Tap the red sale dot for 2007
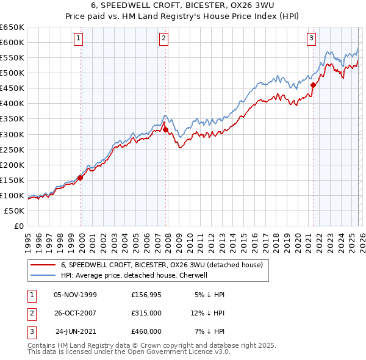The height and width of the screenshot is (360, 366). (165, 129)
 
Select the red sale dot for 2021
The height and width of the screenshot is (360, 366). (313, 85)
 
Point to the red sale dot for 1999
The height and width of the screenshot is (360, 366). (80, 178)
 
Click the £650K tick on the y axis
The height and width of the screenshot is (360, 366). (12, 27)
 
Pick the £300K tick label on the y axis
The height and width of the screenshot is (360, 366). (12, 134)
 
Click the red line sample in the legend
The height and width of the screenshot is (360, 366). (43, 265)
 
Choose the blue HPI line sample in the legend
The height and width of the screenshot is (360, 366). (43, 275)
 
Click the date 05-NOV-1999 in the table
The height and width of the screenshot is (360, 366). (76, 295)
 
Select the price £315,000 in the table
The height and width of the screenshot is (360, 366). (146, 313)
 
